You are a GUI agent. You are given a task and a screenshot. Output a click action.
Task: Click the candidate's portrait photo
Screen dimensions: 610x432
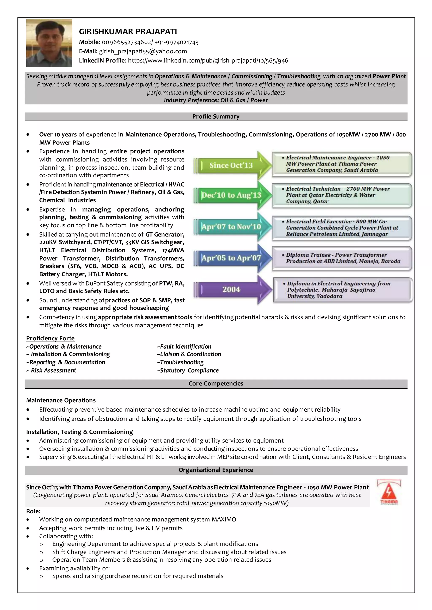pyautogui.click(x=49, y=43)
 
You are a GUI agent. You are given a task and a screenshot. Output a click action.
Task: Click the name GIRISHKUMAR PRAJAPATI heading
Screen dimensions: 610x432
pyautogui.click(x=128, y=32)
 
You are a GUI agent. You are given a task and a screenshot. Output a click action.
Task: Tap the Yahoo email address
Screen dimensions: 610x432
pyautogui.click(x=143, y=51)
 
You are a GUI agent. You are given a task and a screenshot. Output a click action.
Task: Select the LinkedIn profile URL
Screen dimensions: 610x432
pyautogui.click(x=208, y=61)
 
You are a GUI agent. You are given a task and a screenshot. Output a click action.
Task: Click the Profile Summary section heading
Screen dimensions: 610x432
pyautogui.click(x=216, y=116)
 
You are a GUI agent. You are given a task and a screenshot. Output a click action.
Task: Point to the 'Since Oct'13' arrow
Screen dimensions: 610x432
pyautogui.click(x=231, y=165)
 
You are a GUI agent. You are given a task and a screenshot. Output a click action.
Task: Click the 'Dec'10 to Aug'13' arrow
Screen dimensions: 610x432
pyautogui.click(x=231, y=195)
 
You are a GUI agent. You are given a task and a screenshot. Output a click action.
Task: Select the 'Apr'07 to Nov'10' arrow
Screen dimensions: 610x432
pyautogui.click(x=231, y=227)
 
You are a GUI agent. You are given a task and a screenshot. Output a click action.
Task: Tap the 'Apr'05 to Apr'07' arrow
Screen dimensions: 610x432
pyautogui.click(x=231, y=258)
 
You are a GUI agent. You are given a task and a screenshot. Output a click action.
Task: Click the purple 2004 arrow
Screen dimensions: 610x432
pyautogui.click(x=231, y=289)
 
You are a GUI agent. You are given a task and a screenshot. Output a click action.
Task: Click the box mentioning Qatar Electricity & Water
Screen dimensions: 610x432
pyautogui.click(x=342, y=195)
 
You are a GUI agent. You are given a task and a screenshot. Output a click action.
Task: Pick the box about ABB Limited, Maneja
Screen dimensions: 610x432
pyautogui.click(x=342, y=258)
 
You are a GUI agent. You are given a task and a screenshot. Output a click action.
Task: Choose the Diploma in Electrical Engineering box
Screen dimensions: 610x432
pyautogui.click(x=343, y=290)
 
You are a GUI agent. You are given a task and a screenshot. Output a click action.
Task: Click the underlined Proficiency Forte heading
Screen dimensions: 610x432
pyautogui.click(x=50, y=338)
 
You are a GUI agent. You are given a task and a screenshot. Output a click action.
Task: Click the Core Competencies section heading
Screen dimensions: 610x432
pyautogui.click(x=216, y=383)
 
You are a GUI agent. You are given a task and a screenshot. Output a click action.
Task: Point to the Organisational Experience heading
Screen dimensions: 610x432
pyautogui.click(x=216, y=470)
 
